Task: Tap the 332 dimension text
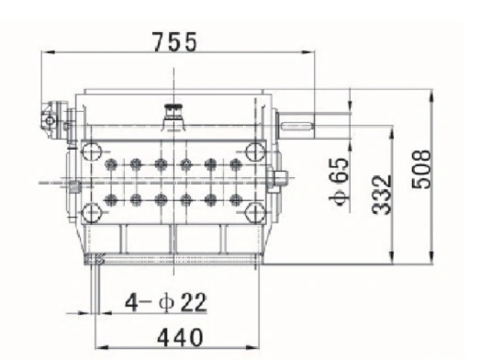[x=384, y=194]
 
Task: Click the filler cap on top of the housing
[x=172, y=111]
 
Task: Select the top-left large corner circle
[x=91, y=152]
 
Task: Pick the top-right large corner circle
[x=253, y=152]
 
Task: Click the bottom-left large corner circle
[x=91, y=213]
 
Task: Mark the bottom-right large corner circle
[x=253, y=213]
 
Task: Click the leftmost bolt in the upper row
[x=111, y=164]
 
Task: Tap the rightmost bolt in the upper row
[x=235, y=164]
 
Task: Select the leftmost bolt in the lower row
[x=111, y=198]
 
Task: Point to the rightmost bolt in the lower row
[x=235, y=198]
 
